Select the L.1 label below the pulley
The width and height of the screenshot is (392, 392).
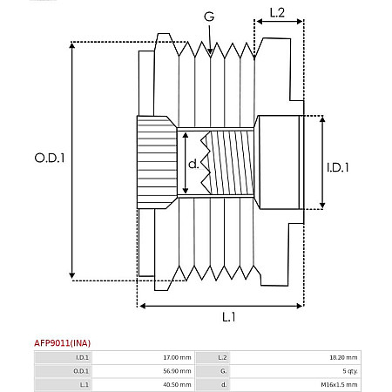(x=227, y=316)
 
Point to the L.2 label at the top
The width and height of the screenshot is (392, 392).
(x=277, y=13)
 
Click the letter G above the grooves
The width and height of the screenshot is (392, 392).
(x=208, y=17)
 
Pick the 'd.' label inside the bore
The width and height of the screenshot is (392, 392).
(x=193, y=163)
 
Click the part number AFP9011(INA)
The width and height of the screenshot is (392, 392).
(x=62, y=342)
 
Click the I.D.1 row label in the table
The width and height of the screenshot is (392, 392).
(x=82, y=357)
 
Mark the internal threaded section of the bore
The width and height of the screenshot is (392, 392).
(x=228, y=163)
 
